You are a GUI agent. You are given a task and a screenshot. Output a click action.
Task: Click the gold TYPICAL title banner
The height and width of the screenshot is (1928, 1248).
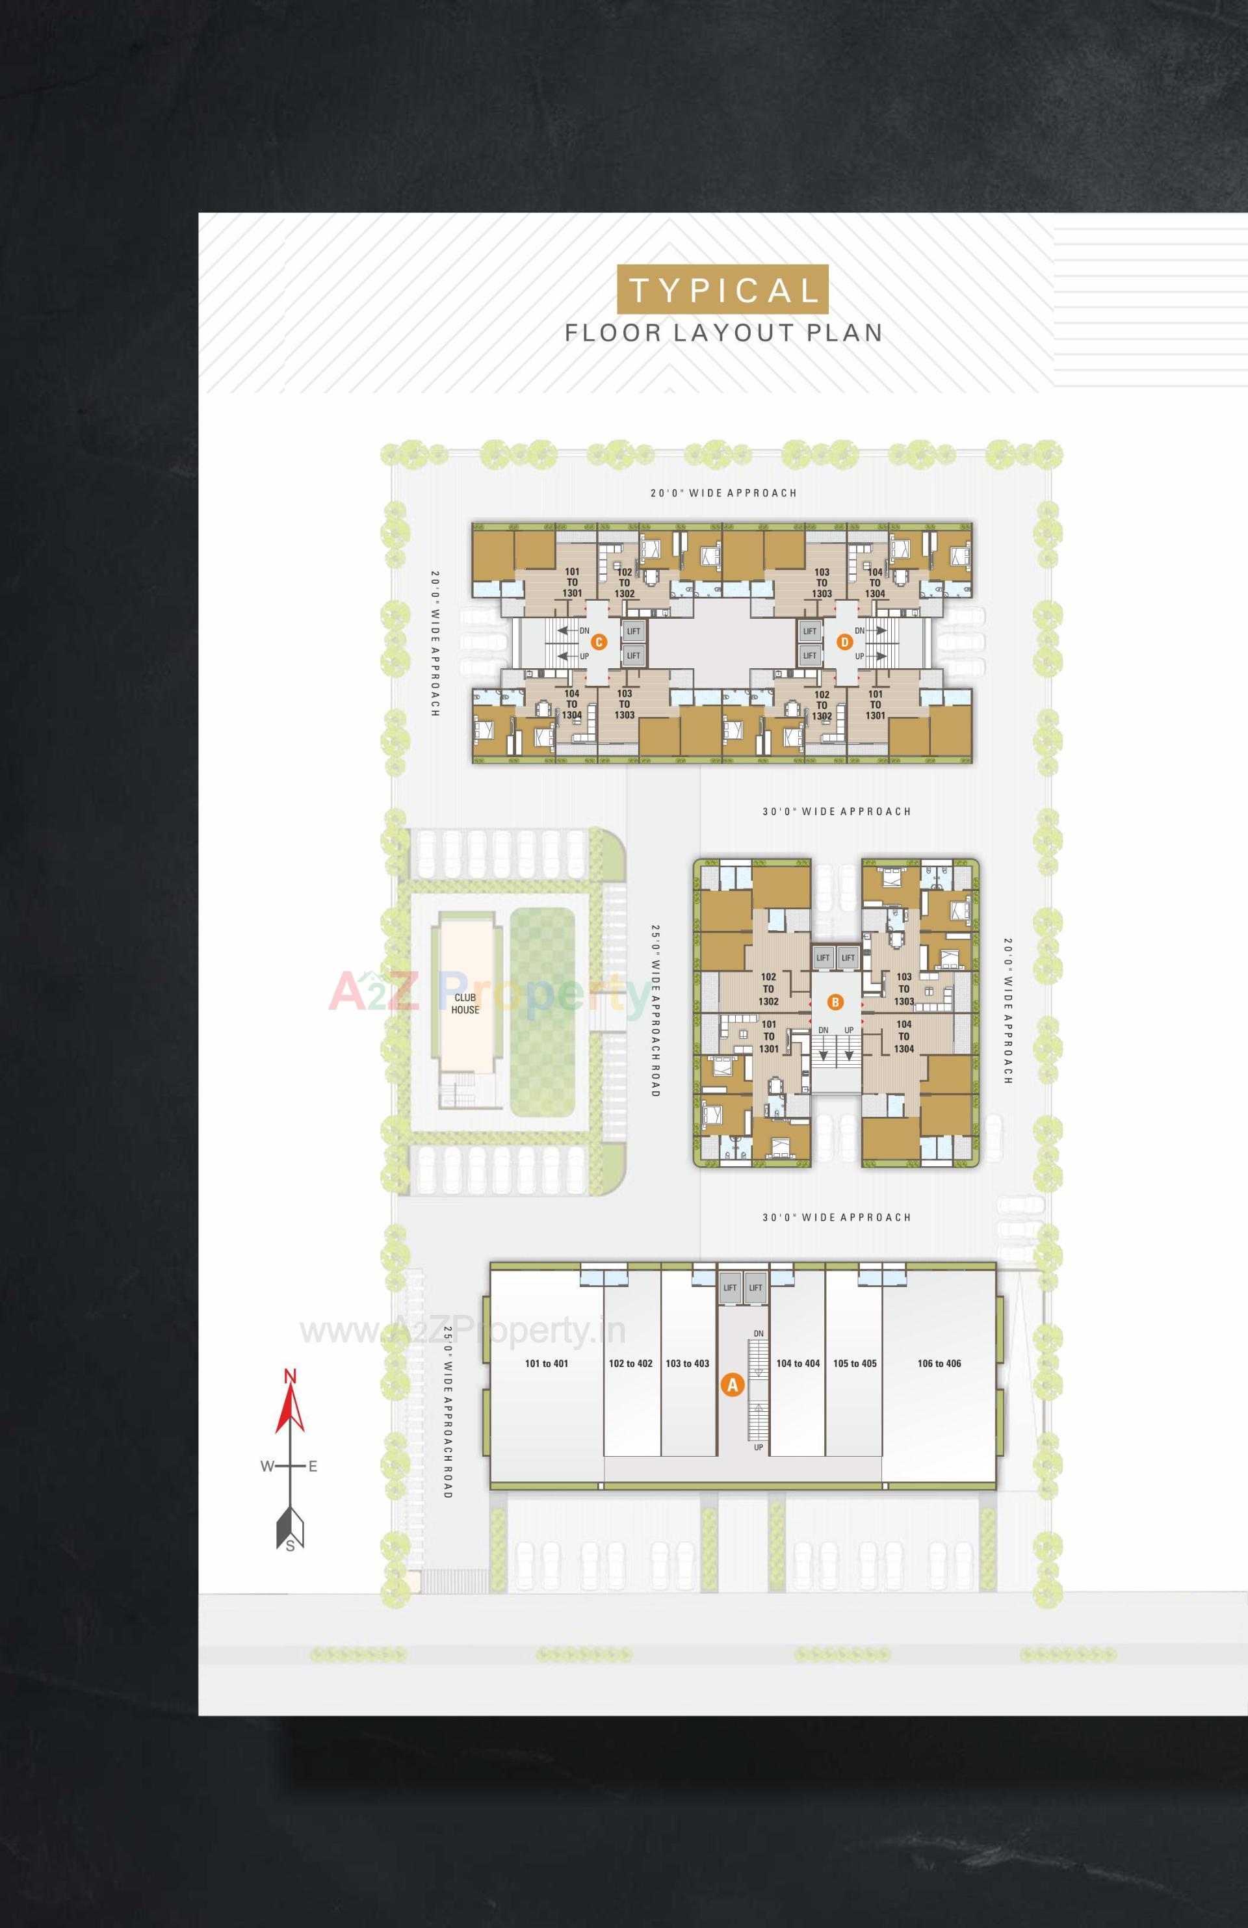722,289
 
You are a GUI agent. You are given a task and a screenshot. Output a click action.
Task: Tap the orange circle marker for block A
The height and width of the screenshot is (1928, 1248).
732,1385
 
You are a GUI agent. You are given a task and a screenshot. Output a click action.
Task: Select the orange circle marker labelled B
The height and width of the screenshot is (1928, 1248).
835,1002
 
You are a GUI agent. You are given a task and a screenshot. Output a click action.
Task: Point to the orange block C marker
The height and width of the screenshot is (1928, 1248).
599,642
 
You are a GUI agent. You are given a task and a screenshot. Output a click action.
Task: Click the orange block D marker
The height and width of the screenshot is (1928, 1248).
845,642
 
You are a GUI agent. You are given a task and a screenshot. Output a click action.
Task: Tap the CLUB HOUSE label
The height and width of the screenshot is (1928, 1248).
465,1004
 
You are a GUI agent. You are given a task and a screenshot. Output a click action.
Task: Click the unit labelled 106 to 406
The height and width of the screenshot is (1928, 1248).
939,1363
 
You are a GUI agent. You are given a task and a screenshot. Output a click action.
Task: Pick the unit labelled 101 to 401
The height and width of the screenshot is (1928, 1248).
547,1363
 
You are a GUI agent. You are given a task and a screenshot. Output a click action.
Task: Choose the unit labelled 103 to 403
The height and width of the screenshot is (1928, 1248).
687,1363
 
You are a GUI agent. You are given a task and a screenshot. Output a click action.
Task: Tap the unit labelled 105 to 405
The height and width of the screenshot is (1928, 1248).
854,1363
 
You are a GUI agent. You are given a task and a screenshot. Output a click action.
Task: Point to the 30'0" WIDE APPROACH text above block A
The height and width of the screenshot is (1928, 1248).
837,1217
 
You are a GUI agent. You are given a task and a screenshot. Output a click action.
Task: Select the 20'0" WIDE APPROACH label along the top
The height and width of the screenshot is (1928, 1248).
723,493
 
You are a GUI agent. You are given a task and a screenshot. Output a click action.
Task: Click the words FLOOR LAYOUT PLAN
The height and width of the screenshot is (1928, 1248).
723,333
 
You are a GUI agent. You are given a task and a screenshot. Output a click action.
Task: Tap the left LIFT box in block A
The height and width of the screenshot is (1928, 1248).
730,1288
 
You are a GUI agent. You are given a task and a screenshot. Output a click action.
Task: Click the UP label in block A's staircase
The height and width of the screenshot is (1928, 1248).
758,1447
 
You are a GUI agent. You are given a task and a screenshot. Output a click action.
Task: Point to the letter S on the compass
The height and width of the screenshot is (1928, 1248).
290,1546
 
